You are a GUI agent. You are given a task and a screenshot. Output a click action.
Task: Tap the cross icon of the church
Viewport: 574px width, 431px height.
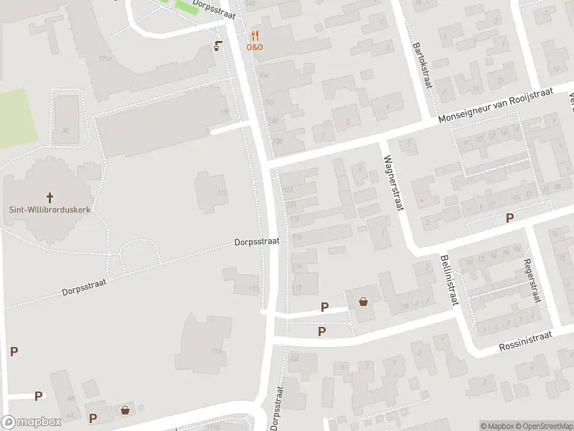point(50,196)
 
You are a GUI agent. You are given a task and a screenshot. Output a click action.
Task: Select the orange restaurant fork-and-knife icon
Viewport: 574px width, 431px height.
point(255,35)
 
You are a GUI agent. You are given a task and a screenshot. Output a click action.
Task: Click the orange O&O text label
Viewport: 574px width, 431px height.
point(255,47)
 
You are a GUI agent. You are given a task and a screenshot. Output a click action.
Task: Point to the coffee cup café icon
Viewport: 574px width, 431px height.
point(217,46)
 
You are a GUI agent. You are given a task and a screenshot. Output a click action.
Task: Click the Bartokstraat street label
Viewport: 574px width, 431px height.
point(423,65)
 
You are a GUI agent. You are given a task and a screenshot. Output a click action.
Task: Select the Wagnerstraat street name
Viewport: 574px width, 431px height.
point(392,183)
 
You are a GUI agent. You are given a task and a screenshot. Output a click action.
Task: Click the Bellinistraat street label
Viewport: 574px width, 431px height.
point(449,280)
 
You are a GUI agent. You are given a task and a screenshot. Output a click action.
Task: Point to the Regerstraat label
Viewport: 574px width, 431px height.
point(532,282)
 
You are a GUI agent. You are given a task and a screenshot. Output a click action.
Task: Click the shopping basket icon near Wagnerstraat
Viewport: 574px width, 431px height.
point(364,302)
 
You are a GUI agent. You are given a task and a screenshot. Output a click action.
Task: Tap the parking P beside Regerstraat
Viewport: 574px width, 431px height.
point(510,218)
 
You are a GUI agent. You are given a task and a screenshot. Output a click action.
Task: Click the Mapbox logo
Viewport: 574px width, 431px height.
point(32,422)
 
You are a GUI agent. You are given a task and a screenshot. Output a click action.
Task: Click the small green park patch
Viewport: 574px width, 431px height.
point(188,6)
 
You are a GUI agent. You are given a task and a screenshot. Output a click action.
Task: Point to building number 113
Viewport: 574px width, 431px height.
point(217,351)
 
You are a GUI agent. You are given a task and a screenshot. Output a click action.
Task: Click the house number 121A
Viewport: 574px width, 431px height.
point(105,58)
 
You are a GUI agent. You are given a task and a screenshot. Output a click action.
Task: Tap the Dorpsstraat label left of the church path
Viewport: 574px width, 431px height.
point(84,288)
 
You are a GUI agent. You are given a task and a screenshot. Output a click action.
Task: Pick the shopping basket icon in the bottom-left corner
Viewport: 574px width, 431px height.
point(126,410)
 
